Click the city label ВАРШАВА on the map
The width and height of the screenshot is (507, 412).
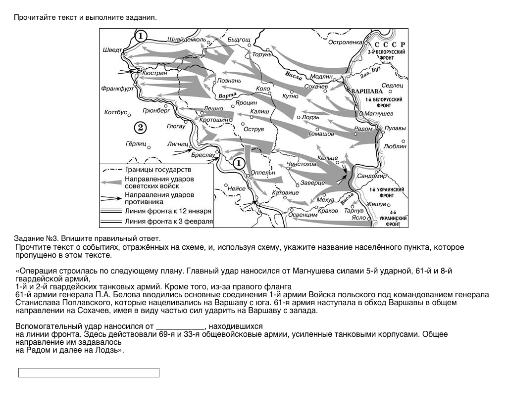tap(367, 92)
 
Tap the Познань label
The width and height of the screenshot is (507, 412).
tap(229, 81)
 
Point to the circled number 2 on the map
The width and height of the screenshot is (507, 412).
tap(140, 128)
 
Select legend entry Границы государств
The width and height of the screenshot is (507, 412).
tap(154, 170)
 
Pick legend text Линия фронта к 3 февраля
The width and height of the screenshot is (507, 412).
tap(168, 222)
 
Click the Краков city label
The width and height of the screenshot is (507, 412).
tap(328, 211)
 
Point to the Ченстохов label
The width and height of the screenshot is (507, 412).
tap(302, 164)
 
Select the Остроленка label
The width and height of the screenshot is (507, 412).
tap(346, 43)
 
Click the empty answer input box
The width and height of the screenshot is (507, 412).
tap(89, 372)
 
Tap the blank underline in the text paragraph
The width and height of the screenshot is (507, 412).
tap(180, 327)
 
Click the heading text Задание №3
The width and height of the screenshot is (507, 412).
tap(37, 238)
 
